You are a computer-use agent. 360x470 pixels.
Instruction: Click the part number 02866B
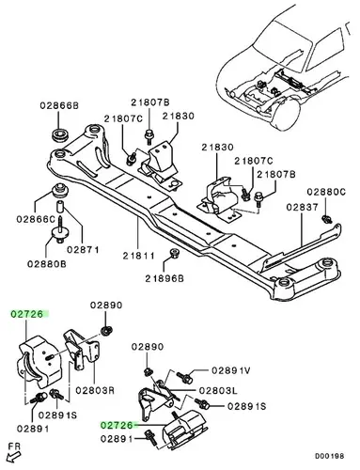tap(59, 105)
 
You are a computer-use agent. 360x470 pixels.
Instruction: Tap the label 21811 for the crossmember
tap(138, 256)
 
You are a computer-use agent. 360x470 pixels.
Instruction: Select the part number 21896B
tap(164, 278)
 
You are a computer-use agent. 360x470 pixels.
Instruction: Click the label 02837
tap(302, 207)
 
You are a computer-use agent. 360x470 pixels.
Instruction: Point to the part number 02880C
tap(326, 192)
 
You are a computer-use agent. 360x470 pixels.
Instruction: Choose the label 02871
tap(83, 249)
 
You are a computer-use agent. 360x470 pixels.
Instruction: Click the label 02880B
tap(47, 264)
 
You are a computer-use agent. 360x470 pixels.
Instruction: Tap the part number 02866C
tap(36, 219)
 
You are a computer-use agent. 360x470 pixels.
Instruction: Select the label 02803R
tap(95, 390)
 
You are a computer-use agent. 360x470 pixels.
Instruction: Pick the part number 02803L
tap(218, 390)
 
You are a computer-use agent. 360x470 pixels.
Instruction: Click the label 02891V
tap(231, 370)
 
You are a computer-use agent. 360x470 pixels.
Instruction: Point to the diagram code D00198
tap(329, 456)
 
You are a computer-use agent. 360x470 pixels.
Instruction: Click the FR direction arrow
tap(12, 457)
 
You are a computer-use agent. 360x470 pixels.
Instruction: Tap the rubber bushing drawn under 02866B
tap(59, 135)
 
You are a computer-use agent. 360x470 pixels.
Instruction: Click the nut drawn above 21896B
tap(173, 253)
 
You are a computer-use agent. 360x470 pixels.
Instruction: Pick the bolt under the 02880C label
tap(327, 219)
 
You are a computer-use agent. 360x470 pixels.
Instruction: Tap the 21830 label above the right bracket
tap(217, 148)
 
